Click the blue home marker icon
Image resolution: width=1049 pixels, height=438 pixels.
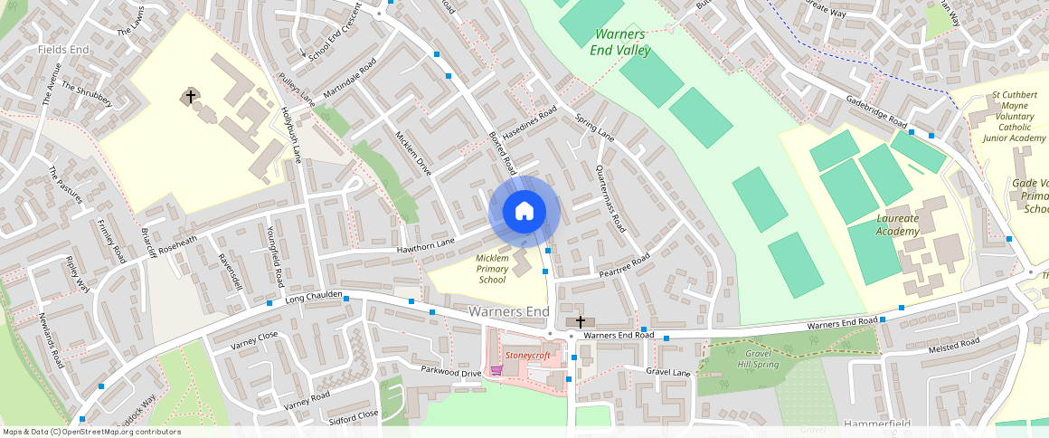tap(524, 212)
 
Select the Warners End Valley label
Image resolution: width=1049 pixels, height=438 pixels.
tap(620, 43)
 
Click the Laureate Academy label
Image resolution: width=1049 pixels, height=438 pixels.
tap(897, 224)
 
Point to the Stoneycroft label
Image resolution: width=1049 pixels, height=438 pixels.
tap(527, 356)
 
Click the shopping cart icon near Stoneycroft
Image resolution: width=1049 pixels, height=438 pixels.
tap(496, 370)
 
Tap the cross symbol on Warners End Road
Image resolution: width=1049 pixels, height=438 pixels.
tap(581, 322)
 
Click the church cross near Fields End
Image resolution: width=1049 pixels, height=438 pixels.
tap(190, 95)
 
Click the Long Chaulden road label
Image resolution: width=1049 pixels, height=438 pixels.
tap(314, 296)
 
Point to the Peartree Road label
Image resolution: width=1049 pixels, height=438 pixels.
tap(625, 266)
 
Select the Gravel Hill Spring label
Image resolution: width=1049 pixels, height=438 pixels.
tap(757, 358)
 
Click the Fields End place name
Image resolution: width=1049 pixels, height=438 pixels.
tap(63, 49)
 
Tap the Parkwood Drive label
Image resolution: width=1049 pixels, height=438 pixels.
tap(451, 371)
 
